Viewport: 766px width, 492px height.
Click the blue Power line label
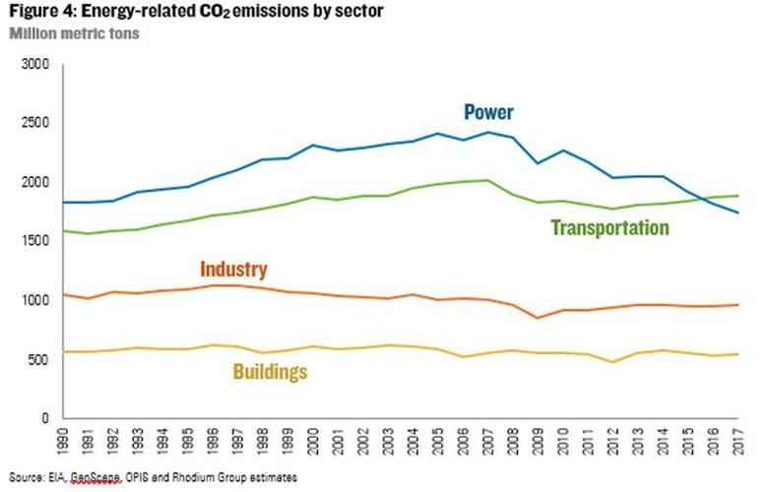tap(488, 111)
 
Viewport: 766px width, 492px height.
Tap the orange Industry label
tap(233, 269)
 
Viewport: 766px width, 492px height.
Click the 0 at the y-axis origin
tap(46, 418)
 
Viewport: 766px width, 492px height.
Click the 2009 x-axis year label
tap(537, 441)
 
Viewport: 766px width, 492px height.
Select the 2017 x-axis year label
tap(735, 441)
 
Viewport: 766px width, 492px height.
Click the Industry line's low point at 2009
tap(537, 318)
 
